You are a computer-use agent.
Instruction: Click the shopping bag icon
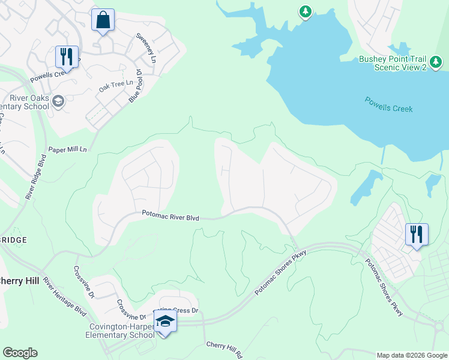click(103, 20)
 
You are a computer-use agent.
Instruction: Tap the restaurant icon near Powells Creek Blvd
click(67, 57)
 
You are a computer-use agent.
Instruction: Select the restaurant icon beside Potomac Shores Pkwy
click(417, 233)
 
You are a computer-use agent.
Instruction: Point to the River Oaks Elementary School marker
click(58, 101)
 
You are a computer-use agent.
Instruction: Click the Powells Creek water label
click(388, 104)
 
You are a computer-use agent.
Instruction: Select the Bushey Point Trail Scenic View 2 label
click(393, 64)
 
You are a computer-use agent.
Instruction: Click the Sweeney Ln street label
click(146, 48)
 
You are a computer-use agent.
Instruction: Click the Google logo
click(20, 353)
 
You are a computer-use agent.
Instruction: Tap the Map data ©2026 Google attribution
click(411, 355)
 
